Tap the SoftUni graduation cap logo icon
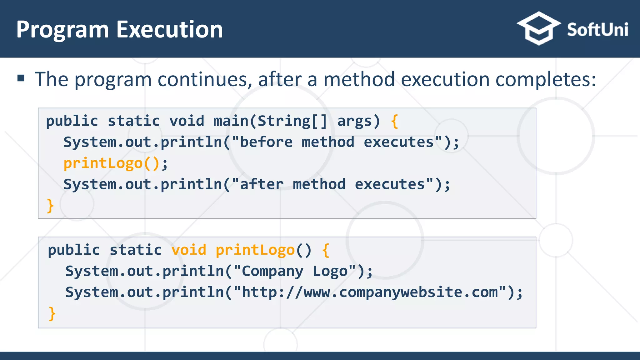538,28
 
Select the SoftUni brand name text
597,30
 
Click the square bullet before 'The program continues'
21,78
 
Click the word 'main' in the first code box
231,121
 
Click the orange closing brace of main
50,206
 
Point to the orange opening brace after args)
394,121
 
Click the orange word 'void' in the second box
189,250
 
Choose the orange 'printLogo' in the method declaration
255,250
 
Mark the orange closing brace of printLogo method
52,313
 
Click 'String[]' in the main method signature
292,121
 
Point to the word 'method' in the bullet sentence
359,79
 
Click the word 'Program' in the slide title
62,29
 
